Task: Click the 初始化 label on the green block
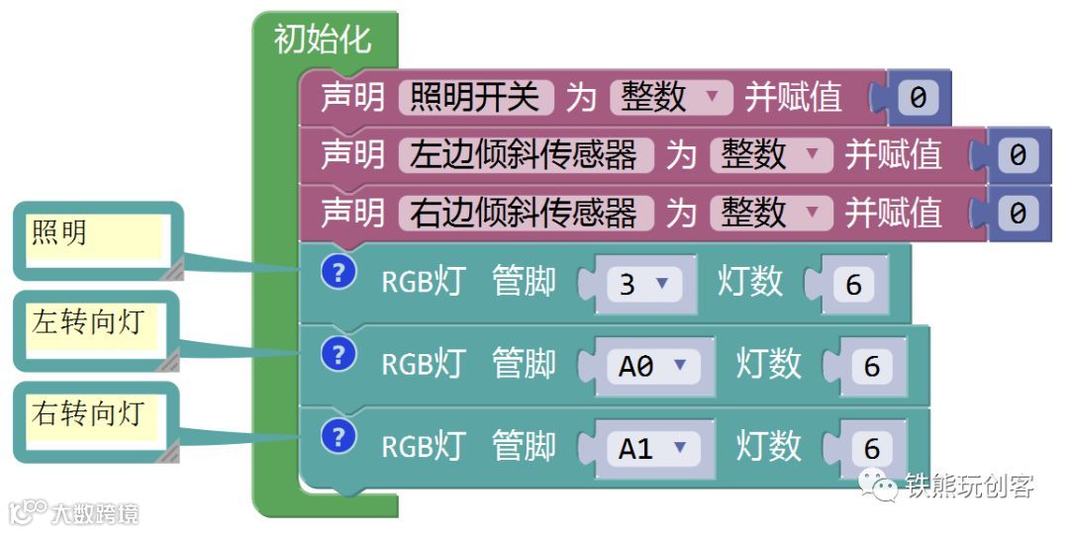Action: coord(323,40)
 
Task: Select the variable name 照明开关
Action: coord(474,97)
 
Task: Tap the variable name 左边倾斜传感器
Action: coord(524,155)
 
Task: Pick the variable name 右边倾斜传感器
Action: coord(524,213)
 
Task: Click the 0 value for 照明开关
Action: coord(918,98)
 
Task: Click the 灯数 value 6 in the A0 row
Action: coord(871,366)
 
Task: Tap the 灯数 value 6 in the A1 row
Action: coord(871,448)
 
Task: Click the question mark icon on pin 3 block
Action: coord(339,273)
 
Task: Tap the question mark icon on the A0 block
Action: coord(339,353)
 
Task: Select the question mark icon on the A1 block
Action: coord(339,435)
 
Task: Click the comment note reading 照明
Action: coord(94,237)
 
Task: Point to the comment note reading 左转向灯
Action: coord(94,327)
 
